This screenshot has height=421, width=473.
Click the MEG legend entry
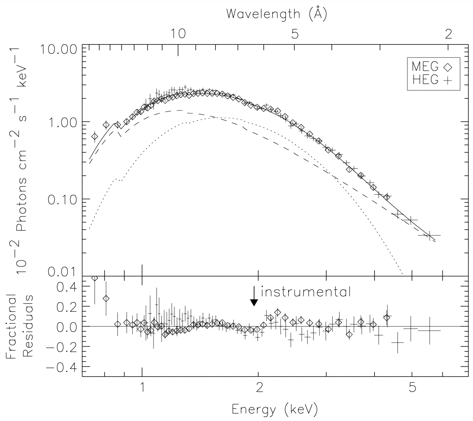[432, 66]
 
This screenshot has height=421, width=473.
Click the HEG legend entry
[432, 80]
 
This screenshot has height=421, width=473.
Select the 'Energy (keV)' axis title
[275, 409]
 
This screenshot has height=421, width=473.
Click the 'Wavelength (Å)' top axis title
[276, 13]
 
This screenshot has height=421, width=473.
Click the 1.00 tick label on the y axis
[62, 121]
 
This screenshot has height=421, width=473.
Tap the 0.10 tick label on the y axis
[62, 199]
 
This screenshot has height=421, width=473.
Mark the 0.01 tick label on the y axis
[62, 272]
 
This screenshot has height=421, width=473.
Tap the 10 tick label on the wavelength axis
[178, 34]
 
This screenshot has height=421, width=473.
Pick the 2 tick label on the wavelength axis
[449, 34]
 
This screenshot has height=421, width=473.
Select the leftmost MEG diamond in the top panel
[94, 136]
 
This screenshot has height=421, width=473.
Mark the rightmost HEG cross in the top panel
[430, 235]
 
